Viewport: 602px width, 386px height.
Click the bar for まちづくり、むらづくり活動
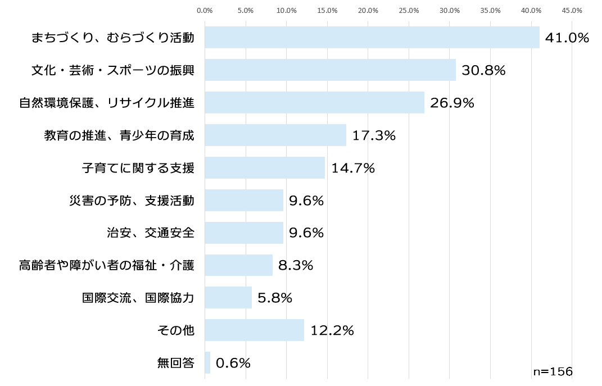372,37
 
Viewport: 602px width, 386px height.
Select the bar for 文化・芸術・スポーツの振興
330,70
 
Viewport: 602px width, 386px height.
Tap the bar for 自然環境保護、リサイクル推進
314,102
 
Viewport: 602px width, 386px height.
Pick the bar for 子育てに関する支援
265,167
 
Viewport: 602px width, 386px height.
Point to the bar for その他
254,330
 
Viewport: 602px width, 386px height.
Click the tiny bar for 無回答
207,362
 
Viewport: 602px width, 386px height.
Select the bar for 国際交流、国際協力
228,297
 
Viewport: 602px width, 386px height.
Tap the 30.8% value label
483,70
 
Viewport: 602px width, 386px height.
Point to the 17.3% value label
374,135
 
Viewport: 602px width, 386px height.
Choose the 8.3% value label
295,265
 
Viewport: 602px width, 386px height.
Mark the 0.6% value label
233,363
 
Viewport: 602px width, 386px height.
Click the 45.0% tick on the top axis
572,10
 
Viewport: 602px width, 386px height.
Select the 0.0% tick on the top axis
205,10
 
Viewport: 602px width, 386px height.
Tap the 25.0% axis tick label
409,10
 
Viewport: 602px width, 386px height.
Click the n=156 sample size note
553,371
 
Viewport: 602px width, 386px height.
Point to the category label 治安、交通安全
150,233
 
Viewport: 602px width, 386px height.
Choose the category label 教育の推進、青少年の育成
119,135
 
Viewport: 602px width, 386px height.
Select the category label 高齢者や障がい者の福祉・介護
106,265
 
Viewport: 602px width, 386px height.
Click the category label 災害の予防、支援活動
132,200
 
